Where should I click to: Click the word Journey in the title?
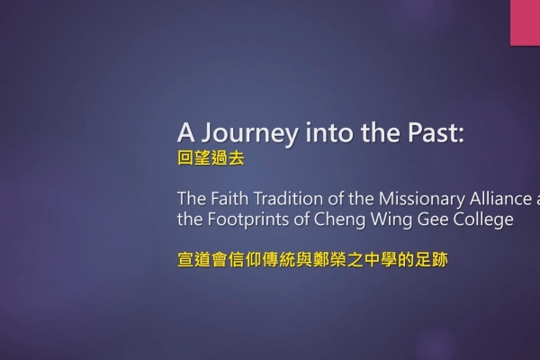pos(250,134)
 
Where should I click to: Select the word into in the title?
pos(329,132)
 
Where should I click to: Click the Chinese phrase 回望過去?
pos(211,158)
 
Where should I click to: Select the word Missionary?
pos(421,200)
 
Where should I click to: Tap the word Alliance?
pos(500,199)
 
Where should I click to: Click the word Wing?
pos(387,220)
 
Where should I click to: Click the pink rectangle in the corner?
pos(526,22)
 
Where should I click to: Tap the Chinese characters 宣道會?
pos(202,259)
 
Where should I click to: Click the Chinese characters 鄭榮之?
pos(337,259)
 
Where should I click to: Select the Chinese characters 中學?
pos(380,259)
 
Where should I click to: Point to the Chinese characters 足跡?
pos(431,259)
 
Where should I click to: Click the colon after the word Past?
pos(461,134)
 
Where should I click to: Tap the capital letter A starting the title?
pos(186,132)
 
